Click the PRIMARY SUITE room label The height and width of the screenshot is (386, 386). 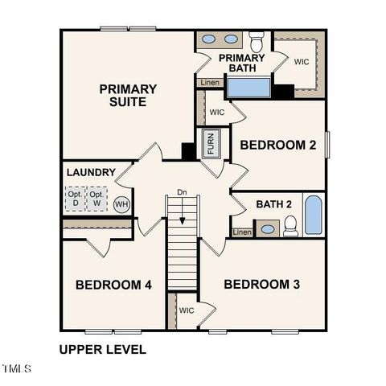128,95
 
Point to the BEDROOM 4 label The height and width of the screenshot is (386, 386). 113,285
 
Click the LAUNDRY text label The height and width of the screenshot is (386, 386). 90,172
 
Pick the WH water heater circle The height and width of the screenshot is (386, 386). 121,204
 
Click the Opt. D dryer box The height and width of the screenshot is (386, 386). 75,199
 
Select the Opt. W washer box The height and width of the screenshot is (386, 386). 96,199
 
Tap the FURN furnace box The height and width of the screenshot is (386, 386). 211,142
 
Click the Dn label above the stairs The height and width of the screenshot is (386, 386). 183,193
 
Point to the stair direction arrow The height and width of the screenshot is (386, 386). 183,212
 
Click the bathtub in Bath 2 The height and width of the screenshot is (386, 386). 313,216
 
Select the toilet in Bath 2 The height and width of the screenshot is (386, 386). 290,226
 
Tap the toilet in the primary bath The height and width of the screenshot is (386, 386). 257,39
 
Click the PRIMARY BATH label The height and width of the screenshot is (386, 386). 241,63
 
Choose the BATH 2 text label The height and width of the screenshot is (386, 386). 273,204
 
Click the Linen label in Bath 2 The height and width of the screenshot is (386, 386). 242,232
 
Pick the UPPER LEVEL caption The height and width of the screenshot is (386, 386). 103,350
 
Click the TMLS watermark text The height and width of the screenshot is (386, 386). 16,369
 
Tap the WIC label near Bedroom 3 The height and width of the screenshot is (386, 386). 187,310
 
